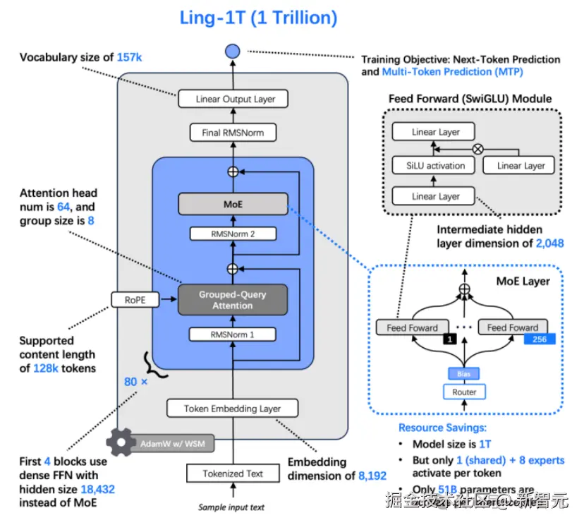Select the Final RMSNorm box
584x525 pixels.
[232, 132]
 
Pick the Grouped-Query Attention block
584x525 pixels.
[232, 299]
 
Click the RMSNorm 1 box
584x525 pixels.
[232, 334]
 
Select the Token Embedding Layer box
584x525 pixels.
[232, 408]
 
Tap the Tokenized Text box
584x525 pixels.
[232, 473]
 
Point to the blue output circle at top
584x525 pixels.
[232, 52]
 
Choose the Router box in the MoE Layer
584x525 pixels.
[464, 392]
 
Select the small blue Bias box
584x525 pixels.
[463, 373]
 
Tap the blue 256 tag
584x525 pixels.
[540, 339]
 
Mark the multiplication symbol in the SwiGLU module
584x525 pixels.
[477, 149]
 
